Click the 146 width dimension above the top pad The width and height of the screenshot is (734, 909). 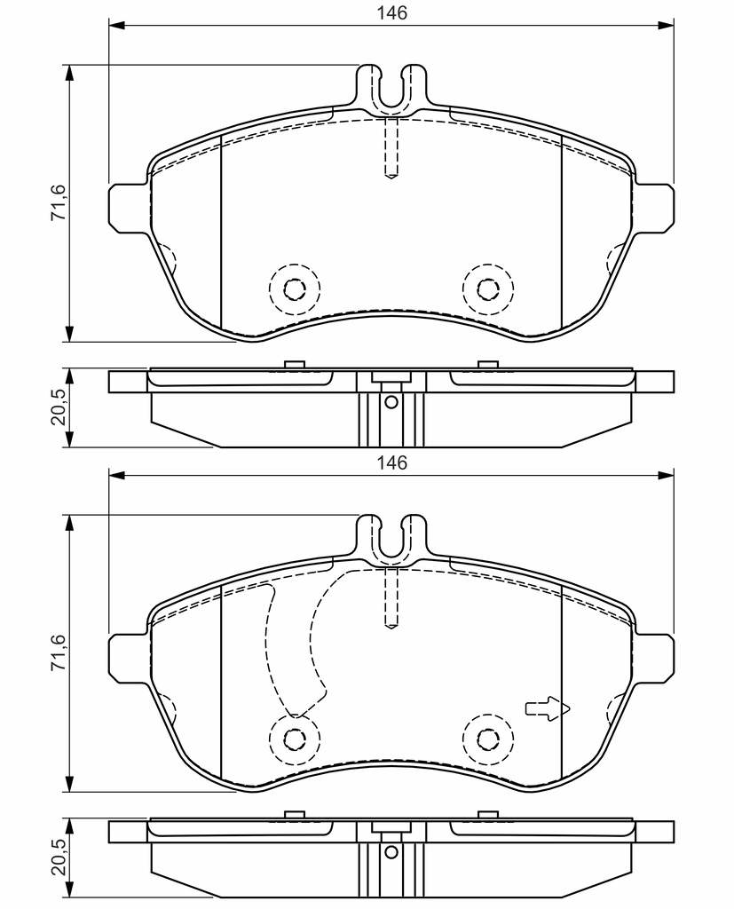point(392,12)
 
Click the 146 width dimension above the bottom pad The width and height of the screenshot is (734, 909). point(392,462)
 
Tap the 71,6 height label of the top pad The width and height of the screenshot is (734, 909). point(59,202)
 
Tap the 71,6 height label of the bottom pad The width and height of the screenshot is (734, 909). point(59,652)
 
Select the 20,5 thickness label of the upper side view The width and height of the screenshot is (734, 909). point(59,407)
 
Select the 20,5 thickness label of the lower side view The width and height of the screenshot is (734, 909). point(59,858)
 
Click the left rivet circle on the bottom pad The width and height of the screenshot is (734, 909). point(295,739)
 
